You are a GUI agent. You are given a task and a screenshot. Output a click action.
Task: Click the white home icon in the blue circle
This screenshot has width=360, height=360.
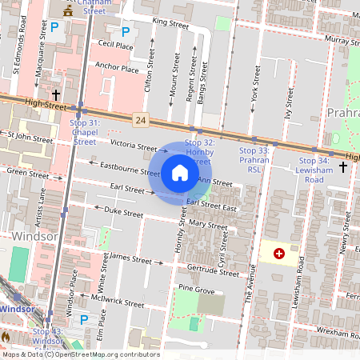pos(180,172)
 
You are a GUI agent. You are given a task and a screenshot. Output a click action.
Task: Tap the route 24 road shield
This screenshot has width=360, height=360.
pos(140,120)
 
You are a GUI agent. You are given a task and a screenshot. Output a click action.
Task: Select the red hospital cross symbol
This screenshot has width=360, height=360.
pos(279,254)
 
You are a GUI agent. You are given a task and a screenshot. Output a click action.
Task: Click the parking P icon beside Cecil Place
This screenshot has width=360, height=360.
pos(125,32)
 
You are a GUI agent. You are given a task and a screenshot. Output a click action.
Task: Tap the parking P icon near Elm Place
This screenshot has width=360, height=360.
pos(84,319)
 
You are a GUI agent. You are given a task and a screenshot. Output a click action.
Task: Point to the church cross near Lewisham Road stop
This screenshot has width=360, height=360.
pos(343,166)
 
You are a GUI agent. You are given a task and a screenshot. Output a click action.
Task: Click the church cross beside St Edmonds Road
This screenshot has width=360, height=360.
pos(57,94)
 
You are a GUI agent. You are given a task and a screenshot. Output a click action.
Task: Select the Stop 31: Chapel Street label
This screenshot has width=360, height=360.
pos(85,132)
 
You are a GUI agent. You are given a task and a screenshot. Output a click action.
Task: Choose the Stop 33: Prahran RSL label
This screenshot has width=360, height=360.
pos(255,159)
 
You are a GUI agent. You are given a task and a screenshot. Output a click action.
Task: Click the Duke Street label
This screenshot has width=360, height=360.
pos(123,212)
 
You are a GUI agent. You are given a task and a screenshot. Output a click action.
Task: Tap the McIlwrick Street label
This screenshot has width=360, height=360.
pos(118,302)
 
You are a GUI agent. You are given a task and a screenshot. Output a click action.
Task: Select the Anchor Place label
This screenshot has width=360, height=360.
pos(116,68)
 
